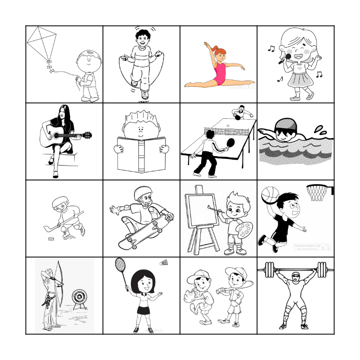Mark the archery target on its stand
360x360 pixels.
(80, 297)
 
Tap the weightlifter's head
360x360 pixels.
(295, 277)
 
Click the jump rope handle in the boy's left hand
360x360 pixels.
(158, 55)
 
